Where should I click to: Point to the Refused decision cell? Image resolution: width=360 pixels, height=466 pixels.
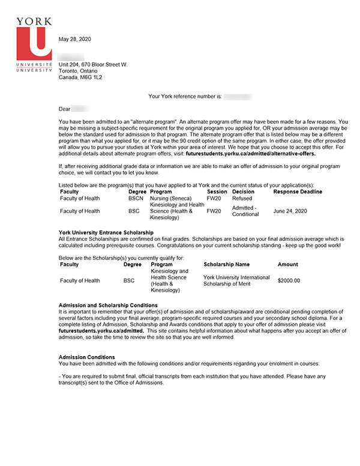coord(242,198)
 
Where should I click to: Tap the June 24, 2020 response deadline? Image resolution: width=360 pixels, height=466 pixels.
coord(290,211)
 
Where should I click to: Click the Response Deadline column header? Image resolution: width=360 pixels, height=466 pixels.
coord(298,192)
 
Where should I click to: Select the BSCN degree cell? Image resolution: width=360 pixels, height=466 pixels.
coord(136,198)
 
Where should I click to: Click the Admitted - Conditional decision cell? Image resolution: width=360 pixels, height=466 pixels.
coord(244,211)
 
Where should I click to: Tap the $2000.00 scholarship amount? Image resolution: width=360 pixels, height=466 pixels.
coord(289,280)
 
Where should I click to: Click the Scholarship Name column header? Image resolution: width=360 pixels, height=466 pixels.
coord(226,264)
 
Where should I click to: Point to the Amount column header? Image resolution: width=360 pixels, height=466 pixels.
coord(287,264)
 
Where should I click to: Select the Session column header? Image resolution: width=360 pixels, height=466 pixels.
coord(217,192)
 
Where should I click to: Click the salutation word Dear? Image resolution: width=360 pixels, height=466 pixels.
coord(64,109)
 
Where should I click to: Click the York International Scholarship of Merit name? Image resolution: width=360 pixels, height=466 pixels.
coord(236,280)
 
